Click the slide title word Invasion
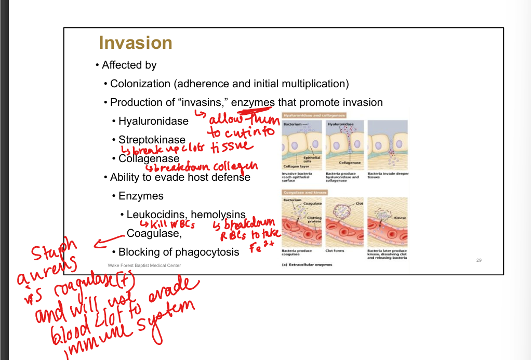(135, 43)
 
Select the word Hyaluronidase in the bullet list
(153, 122)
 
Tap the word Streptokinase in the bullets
(152, 140)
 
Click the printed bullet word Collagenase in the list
(149, 158)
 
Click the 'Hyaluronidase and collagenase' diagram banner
(314, 115)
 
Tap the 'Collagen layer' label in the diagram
(295, 166)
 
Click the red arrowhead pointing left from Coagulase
(96, 243)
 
